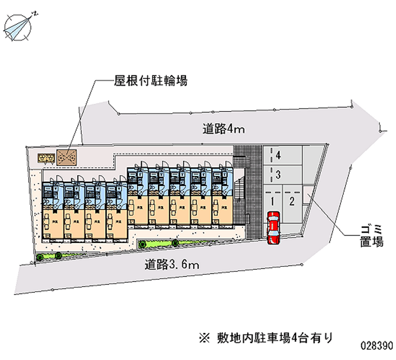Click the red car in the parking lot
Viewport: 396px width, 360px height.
(x=273, y=228)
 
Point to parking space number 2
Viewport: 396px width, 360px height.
(x=292, y=201)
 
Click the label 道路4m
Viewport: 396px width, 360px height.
(x=224, y=130)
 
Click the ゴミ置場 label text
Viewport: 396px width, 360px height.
(x=371, y=236)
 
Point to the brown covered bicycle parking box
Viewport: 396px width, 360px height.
(x=66, y=157)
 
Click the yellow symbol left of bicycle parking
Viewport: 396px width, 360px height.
(x=47, y=157)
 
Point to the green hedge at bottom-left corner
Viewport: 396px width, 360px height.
(x=50, y=256)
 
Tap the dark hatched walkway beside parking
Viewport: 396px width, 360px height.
(x=252, y=198)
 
